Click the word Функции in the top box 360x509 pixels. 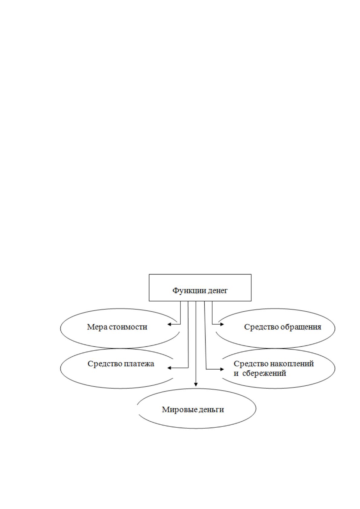coord(186,291)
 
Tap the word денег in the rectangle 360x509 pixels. coord(214,291)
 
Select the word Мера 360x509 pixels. coord(97,327)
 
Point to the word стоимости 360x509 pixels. coord(128,327)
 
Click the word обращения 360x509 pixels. coord(301,327)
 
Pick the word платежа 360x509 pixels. coord(139,364)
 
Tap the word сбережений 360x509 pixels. coord(264,373)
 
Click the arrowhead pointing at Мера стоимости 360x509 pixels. coord(169,324)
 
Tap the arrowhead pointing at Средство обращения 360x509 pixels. coord(222,324)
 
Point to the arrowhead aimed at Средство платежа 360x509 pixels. coord(169,368)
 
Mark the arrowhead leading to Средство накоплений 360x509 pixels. coord(222,369)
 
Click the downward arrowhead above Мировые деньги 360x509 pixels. coord(196,384)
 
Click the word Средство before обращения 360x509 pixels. coord(261,327)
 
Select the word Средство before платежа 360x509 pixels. coord(105,364)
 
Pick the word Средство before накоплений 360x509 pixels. coord(251,364)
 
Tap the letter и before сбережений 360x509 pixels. coord(236,374)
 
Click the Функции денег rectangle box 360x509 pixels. coord(200,274)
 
